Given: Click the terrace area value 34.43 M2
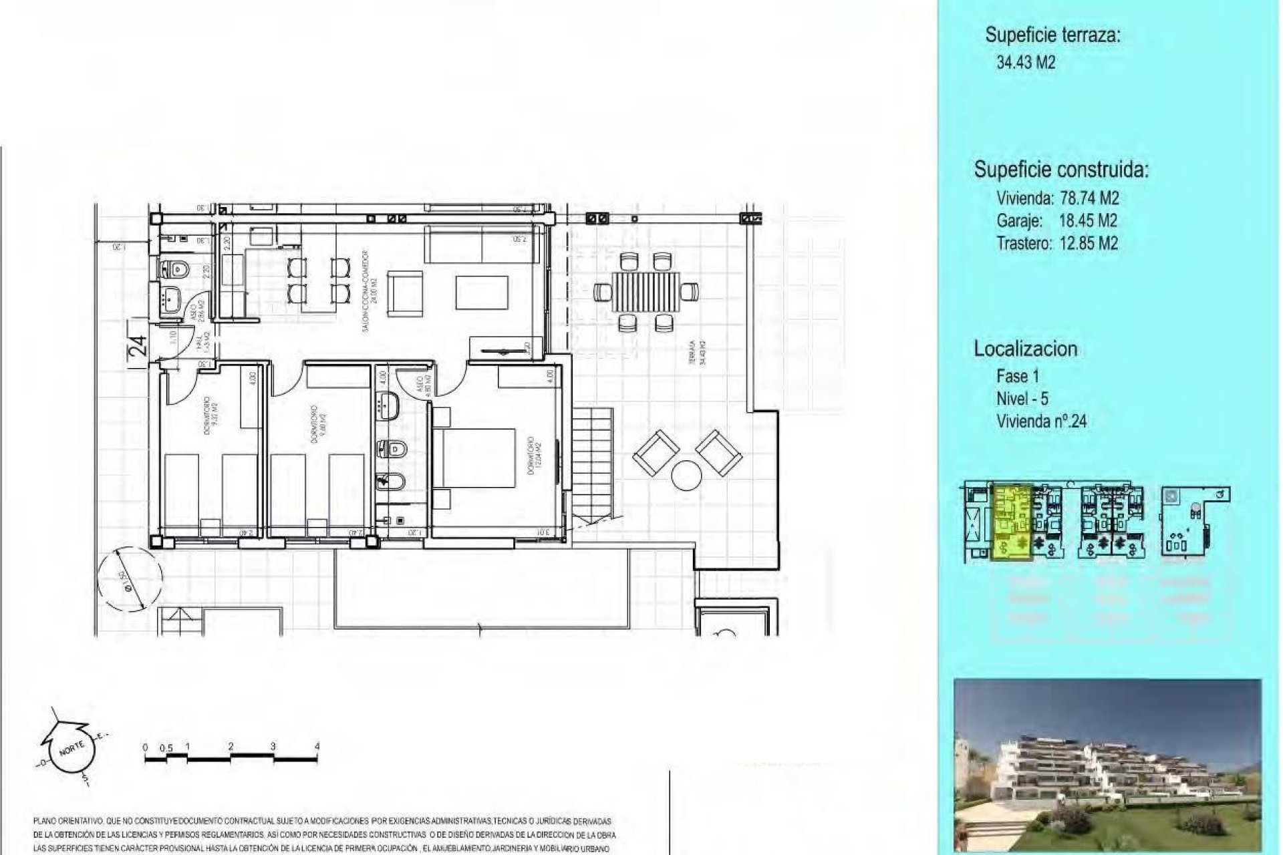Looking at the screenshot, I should tap(1026, 63).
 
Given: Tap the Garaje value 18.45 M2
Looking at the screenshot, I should tap(1088, 220).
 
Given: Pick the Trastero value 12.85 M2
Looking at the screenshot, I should tap(1088, 243).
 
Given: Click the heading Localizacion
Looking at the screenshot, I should tap(1025, 349).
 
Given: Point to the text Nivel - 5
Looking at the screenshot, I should tap(1022, 399).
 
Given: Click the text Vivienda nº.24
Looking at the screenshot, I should tap(1040, 421).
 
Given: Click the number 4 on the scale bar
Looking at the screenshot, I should tap(317, 747).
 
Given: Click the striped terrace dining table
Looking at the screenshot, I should tap(646, 292).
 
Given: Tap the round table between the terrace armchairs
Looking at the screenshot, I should tap(687, 476).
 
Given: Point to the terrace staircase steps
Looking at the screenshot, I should tap(593, 464).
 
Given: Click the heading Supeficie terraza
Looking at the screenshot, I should tap(1052, 35).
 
